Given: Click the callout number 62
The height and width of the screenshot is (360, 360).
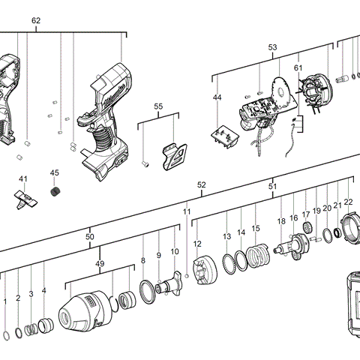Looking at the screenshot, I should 36,20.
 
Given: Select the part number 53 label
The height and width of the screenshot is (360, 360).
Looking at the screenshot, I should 273,47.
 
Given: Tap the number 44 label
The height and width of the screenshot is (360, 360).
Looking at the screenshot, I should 217,98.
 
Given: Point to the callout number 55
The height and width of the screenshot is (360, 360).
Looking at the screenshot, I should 158,106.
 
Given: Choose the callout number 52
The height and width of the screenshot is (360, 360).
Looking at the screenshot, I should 201,184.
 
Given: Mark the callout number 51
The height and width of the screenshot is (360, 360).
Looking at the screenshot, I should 273,187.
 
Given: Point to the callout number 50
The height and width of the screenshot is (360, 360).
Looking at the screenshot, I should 90,237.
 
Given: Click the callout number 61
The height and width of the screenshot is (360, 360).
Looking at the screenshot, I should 298,68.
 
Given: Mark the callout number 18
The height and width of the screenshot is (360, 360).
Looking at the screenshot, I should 281,221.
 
